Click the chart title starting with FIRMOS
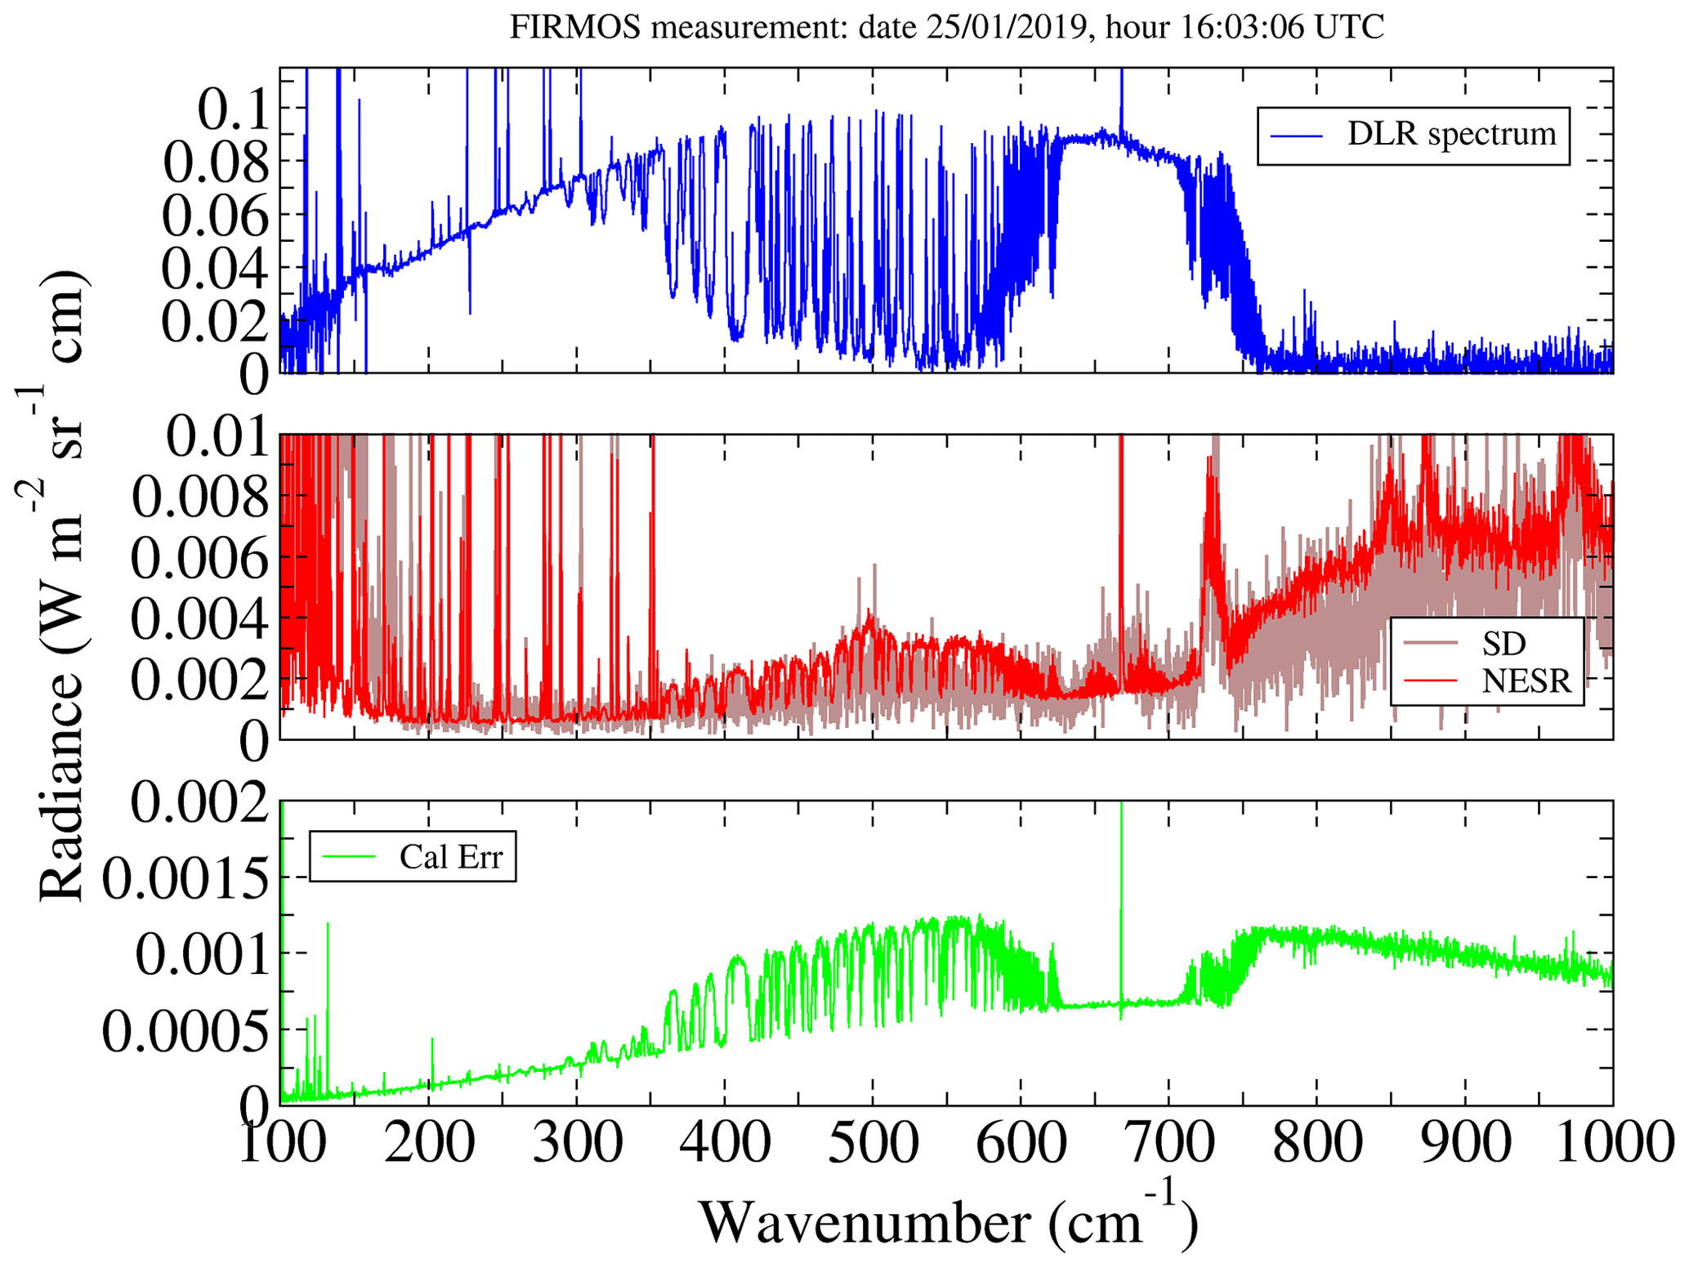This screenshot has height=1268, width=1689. tap(946, 27)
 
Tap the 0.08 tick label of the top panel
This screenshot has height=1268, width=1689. tap(216, 162)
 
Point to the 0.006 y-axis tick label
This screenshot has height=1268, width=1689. tap(199, 559)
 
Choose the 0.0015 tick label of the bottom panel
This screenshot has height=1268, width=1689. tap(185, 879)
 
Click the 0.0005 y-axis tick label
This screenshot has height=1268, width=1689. tap(185, 1031)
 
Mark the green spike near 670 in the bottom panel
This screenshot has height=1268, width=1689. tap(1121, 899)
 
